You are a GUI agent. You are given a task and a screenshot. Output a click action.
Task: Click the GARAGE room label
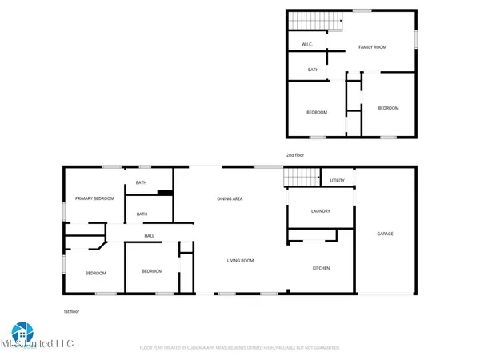(385, 234)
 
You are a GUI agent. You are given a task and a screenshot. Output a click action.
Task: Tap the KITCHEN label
(321, 268)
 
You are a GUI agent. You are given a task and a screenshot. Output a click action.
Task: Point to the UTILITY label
(338, 181)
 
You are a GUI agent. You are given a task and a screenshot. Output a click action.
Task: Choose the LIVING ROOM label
(240, 260)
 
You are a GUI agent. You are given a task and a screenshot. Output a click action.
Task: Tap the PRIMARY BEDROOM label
(94, 198)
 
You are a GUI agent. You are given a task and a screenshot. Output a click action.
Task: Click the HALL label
(149, 236)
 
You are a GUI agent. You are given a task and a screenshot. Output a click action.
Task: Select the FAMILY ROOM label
(372, 47)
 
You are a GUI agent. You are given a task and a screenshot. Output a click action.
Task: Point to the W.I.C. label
(306, 43)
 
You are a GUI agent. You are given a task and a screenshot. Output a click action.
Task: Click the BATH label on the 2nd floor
(314, 70)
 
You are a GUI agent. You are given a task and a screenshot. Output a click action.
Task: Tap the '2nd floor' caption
(295, 154)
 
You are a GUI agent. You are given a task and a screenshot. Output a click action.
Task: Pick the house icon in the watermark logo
(20, 331)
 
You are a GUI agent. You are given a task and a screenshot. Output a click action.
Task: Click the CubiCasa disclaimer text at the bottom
(240, 348)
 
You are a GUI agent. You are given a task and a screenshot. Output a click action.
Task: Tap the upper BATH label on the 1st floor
(141, 183)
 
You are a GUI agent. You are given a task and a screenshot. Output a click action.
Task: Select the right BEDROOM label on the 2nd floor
(388, 108)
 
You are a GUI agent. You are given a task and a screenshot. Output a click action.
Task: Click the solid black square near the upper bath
(164, 192)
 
